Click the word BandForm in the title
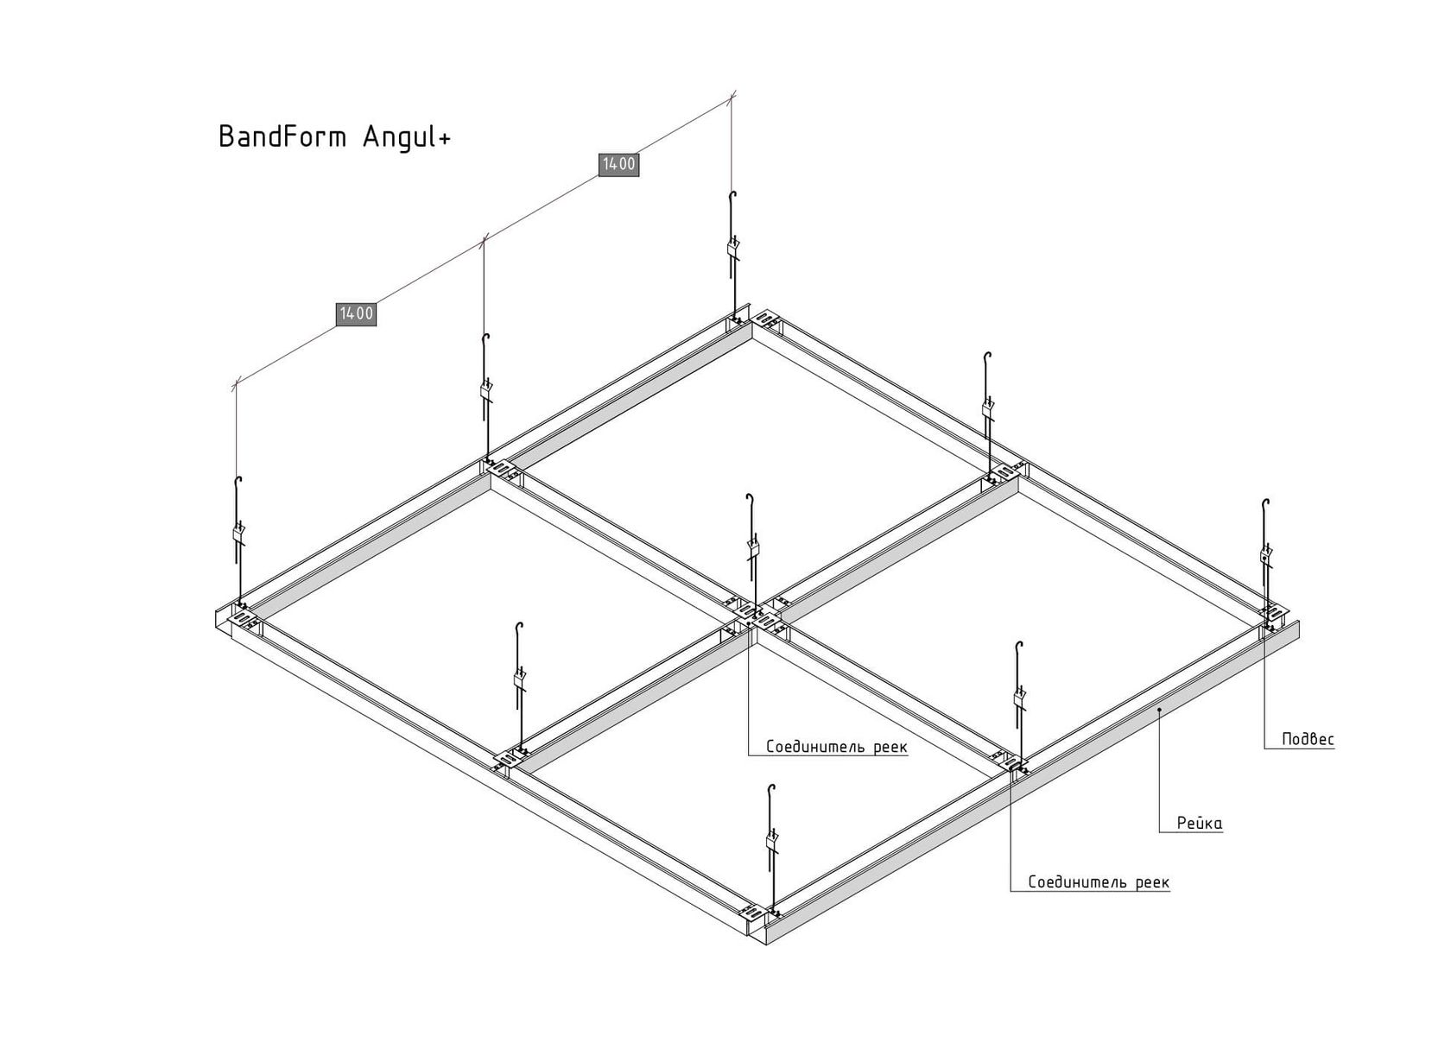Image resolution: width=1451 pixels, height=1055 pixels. pyautogui.click(x=283, y=136)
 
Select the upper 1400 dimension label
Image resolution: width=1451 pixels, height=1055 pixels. pyautogui.click(x=618, y=165)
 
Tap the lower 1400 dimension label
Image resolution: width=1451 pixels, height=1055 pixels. pyautogui.click(x=356, y=314)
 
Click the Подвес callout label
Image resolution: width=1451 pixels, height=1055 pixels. pyautogui.click(x=1308, y=740)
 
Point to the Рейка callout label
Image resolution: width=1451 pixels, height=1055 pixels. pyautogui.click(x=1200, y=823)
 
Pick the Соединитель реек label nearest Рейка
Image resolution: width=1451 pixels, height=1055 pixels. pyautogui.click(x=1099, y=882)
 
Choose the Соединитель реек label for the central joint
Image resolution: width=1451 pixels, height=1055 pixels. pyautogui.click(x=836, y=747)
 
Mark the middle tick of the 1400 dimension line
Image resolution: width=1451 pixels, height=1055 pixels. pyautogui.click(x=484, y=241)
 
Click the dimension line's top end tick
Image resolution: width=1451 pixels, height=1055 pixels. pyautogui.click(x=732, y=97)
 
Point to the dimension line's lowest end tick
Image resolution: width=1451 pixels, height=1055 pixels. pyautogui.click(x=235, y=385)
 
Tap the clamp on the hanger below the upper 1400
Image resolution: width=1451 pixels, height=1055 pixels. pyautogui.click(x=732, y=249)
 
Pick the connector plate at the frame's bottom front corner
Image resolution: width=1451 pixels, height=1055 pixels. pyautogui.click(x=759, y=914)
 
